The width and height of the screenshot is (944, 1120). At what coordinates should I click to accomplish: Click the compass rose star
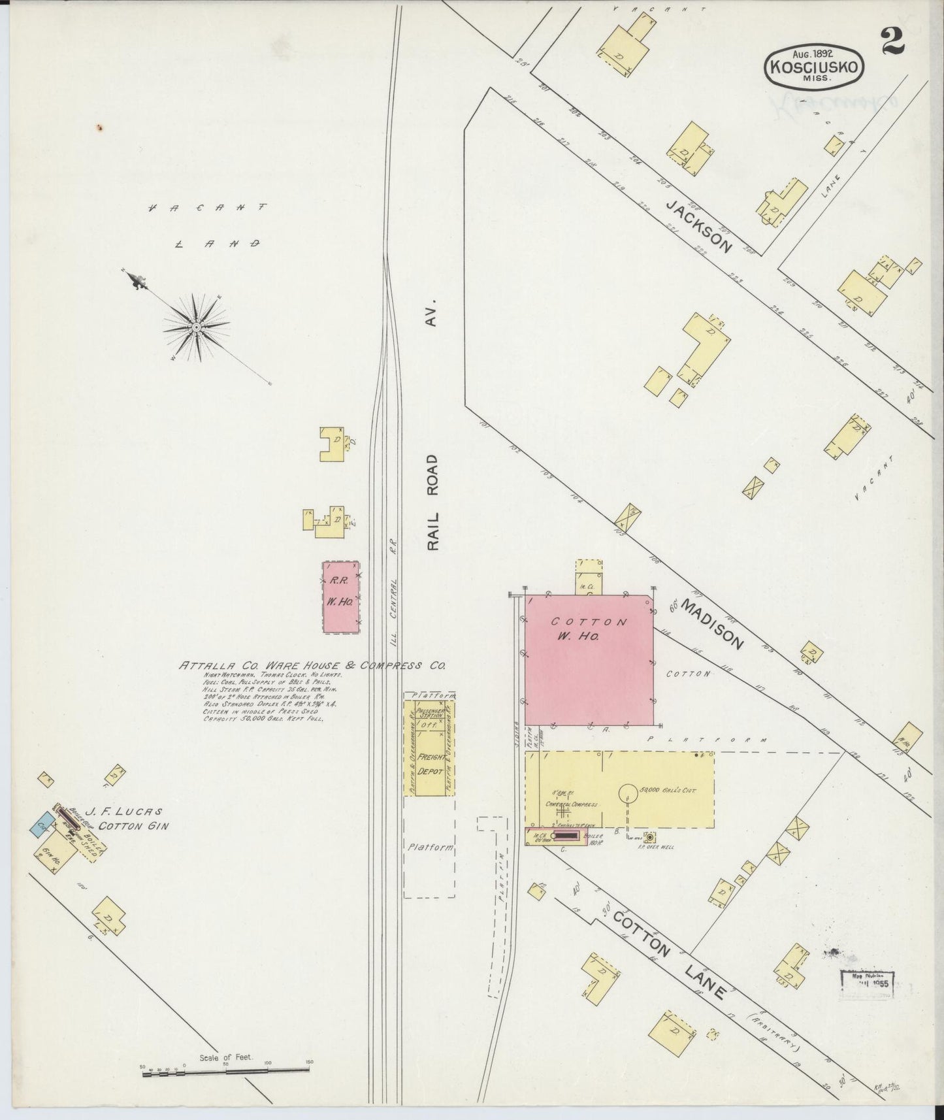(196, 326)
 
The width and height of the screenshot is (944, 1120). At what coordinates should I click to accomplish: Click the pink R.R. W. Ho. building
(340, 596)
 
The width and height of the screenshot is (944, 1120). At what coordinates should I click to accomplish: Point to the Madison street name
(712, 625)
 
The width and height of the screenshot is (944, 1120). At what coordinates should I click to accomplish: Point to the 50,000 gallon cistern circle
(628, 792)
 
